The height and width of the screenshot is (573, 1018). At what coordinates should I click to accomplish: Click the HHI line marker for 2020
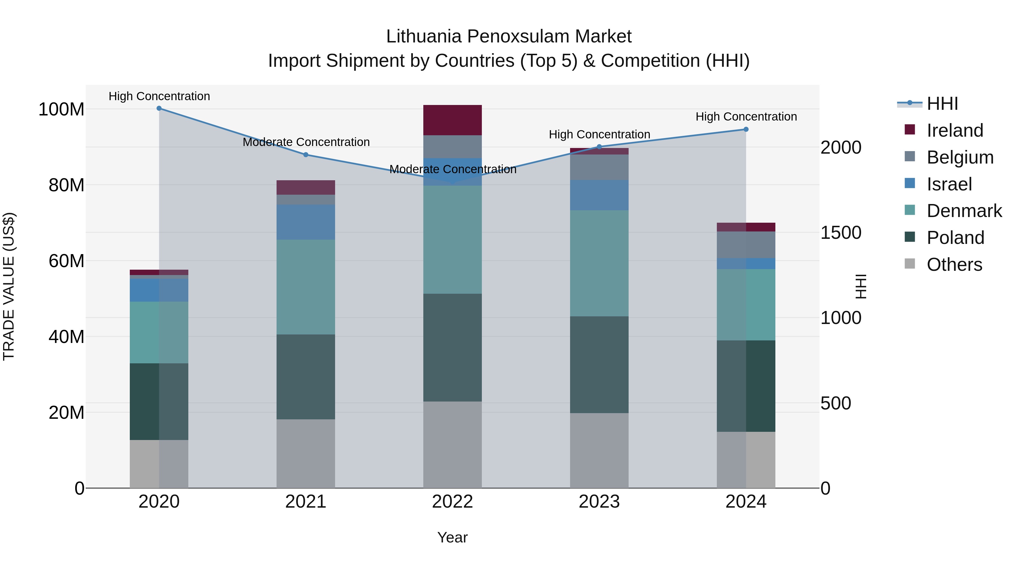(x=159, y=108)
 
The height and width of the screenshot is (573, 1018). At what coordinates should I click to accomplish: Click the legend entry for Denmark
(x=964, y=211)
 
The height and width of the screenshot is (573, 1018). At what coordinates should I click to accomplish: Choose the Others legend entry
(x=954, y=265)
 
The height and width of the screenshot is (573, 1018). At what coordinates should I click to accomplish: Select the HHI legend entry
(x=942, y=104)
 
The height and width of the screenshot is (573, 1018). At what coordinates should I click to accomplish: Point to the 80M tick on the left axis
(x=66, y=185)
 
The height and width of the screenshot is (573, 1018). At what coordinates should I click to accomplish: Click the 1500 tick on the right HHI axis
(x=841, y=233)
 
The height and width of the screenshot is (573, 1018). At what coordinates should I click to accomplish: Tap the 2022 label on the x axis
(x=452, y=502)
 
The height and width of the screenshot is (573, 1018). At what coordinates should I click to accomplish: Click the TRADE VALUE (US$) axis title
(x=9, y=286)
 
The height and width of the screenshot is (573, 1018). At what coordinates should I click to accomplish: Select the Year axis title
(x=452, y=537)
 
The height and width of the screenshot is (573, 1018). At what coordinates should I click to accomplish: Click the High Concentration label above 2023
(x=599, y=134)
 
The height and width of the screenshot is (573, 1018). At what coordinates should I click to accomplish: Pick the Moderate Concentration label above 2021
(x=306, y=142)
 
